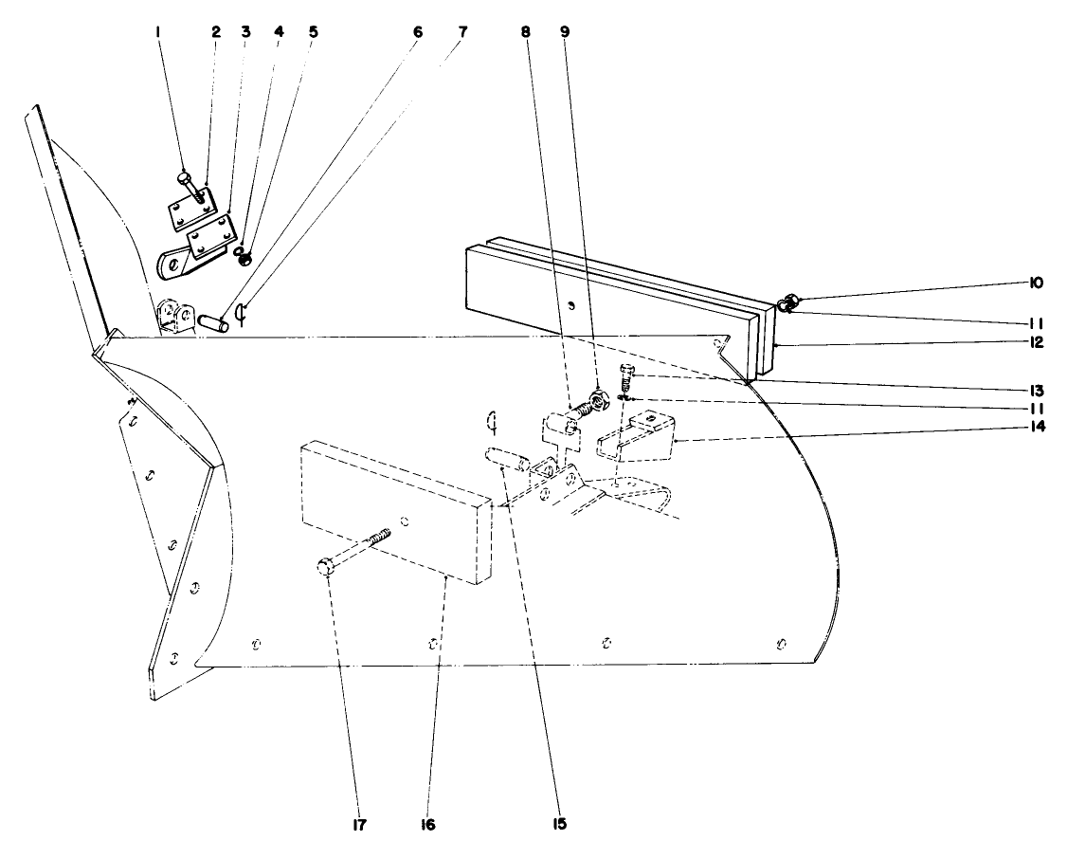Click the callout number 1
tap(158, 30)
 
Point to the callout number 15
tap(560, 823)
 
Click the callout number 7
tap(462, 30)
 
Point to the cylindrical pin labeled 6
tap(212, 320)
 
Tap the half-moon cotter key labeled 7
tap(241, 314)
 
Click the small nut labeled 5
tap(244, 259)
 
